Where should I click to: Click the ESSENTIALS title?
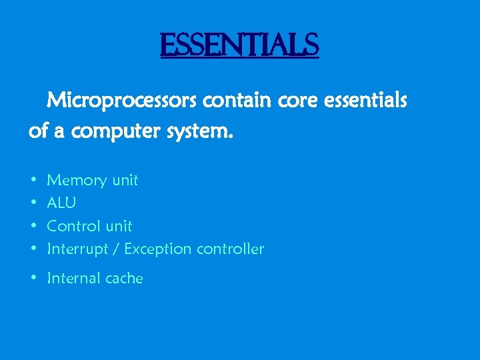tap(239, 45)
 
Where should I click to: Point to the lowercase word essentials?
tap(361, 101)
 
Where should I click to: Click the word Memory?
tap(77, 180)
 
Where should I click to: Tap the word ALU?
tap(61, 203)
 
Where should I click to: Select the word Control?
tap(75, 226)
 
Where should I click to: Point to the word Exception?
tap(157, 249)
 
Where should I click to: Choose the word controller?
tap(229, 249)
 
